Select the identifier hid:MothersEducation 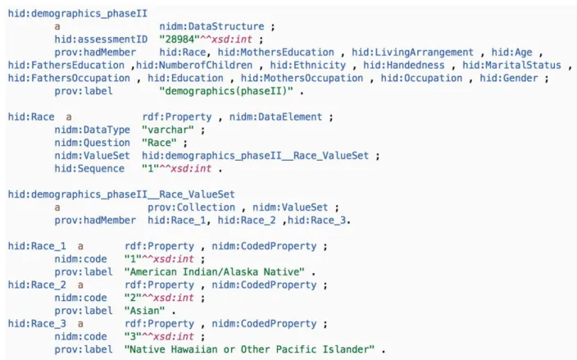coord(275,52)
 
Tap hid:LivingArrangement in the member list coord(412,52)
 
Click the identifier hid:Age coord(512,52)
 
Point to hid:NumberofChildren coord(194,65)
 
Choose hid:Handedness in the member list coord(404,65)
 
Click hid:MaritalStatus coord(512,65)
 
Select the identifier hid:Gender coord(509,78)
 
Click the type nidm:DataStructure coord(211,26)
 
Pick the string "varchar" coord(168,130)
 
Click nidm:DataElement coord(275,116)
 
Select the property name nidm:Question coord(93,143)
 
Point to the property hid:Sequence coord(89,168)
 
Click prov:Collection coord(191,207)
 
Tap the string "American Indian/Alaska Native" coord(215,271)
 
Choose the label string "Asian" coord(144,310)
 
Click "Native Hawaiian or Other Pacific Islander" coord(249,349)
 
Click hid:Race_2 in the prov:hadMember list coord(247,220)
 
